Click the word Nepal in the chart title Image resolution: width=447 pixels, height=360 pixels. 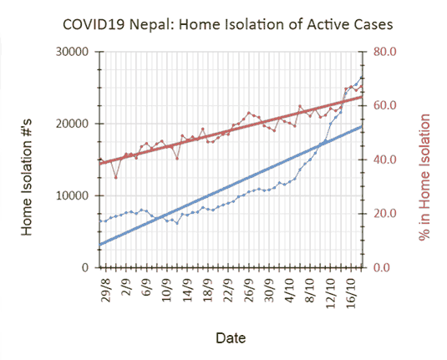point(151,24)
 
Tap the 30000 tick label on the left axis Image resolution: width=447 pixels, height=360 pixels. point(72,52)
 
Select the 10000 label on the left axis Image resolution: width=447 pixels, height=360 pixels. point(72,195)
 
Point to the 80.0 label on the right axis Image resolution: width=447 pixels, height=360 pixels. point(385,52)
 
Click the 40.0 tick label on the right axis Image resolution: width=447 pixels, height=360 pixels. point(385,160)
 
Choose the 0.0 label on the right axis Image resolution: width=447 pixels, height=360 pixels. point(382,267)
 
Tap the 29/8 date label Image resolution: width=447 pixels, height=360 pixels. point(105,289)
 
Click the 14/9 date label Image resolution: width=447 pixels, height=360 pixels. point(187,289)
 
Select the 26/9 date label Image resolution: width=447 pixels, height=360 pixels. point(249,289)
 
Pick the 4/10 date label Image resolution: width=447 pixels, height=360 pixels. point(290,289)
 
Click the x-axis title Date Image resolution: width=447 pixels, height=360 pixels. point(231,338)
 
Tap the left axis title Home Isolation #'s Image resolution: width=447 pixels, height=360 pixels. point(27,178)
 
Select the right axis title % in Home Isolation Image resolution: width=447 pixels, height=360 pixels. point(424,177)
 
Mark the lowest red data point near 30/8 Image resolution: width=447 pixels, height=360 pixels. point(116,178)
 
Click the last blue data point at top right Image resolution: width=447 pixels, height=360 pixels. point(361,78)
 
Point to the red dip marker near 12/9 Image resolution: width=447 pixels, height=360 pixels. point(177,158)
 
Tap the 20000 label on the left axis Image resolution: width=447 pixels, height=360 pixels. point(72,124)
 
